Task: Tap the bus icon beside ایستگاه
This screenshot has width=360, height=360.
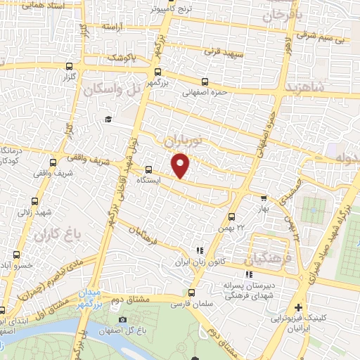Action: click(148, 169)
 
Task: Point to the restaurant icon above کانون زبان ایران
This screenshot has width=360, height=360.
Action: click(200, 250)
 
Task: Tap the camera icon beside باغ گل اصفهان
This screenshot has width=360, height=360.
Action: click(122, 320)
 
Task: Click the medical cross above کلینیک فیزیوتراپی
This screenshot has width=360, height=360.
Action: click(299, 308)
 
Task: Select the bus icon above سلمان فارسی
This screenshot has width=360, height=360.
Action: click(192, 292)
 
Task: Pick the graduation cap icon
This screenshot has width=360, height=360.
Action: click(108, 119)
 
